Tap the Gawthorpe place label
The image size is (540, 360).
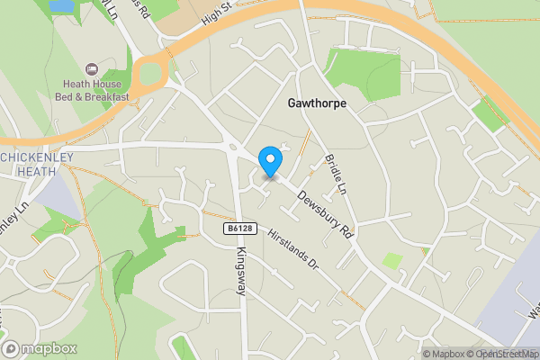316,103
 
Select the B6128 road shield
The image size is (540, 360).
238,229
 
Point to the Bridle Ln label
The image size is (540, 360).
334,175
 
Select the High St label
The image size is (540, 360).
217,13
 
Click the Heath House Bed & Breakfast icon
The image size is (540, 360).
91,69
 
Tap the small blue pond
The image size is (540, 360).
61,6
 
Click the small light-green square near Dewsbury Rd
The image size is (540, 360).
392,260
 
